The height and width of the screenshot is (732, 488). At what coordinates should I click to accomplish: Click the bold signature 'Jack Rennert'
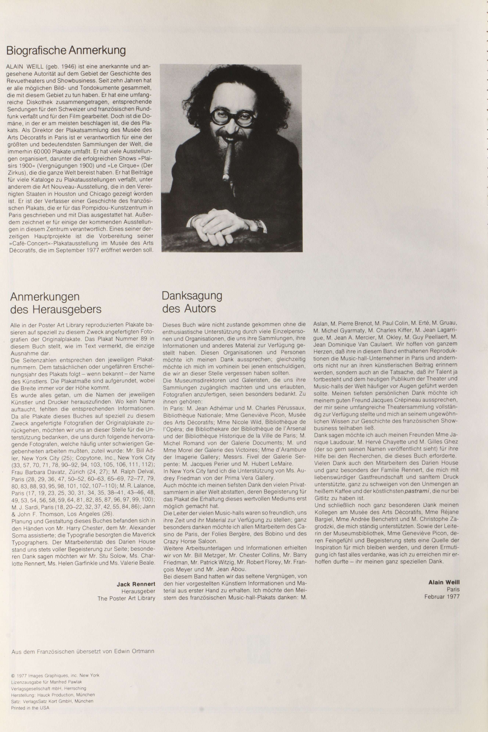[136, 584]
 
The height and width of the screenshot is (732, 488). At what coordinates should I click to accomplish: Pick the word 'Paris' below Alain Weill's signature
[453, 589]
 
